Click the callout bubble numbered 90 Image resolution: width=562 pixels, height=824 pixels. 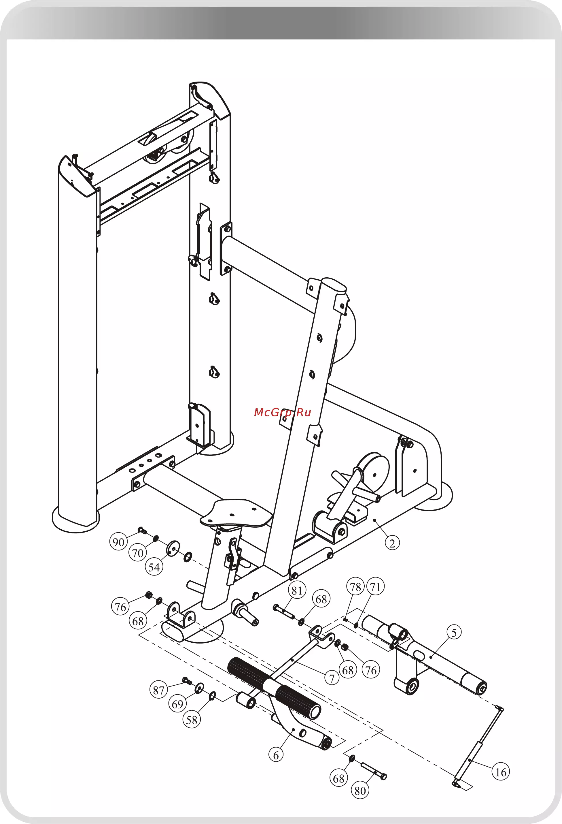(118, 542)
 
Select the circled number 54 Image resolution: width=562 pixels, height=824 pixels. (154, 567)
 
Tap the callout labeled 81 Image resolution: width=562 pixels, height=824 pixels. (297, 590)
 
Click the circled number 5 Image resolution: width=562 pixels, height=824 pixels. (454, 633)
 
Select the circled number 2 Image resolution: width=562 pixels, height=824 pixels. (392, 543)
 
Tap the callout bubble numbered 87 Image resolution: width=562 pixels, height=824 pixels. (158, 690)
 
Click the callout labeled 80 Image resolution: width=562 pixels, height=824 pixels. (360, 791)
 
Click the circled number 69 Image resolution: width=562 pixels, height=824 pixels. (177, 704)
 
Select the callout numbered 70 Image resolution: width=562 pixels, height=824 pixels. (137, 553)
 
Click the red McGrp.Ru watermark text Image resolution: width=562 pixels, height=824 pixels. (282, 412)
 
